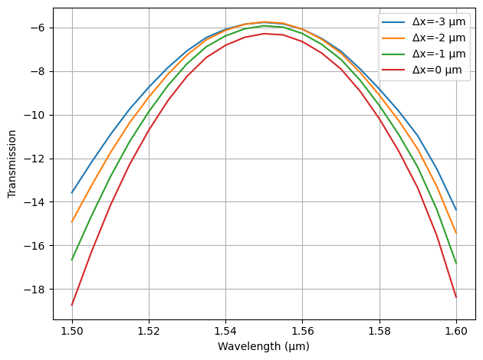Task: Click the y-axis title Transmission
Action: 11,163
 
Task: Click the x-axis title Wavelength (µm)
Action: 264,346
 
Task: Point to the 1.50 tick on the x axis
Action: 72,330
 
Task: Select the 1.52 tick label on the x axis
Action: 149,330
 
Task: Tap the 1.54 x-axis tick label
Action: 225,330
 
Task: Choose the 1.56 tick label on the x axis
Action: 302,330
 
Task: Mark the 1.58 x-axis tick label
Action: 379,330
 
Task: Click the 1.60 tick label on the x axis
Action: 455,330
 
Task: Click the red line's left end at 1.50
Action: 72,305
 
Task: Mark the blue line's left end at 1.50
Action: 72,192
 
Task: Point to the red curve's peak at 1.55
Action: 264,34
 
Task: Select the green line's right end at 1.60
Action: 456,263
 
